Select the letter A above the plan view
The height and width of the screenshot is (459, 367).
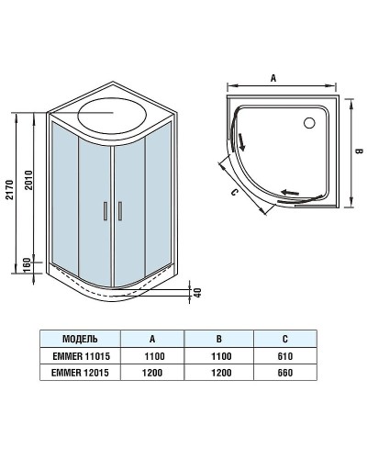[x=273, y=80]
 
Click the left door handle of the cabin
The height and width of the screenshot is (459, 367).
[x=106, y=210]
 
